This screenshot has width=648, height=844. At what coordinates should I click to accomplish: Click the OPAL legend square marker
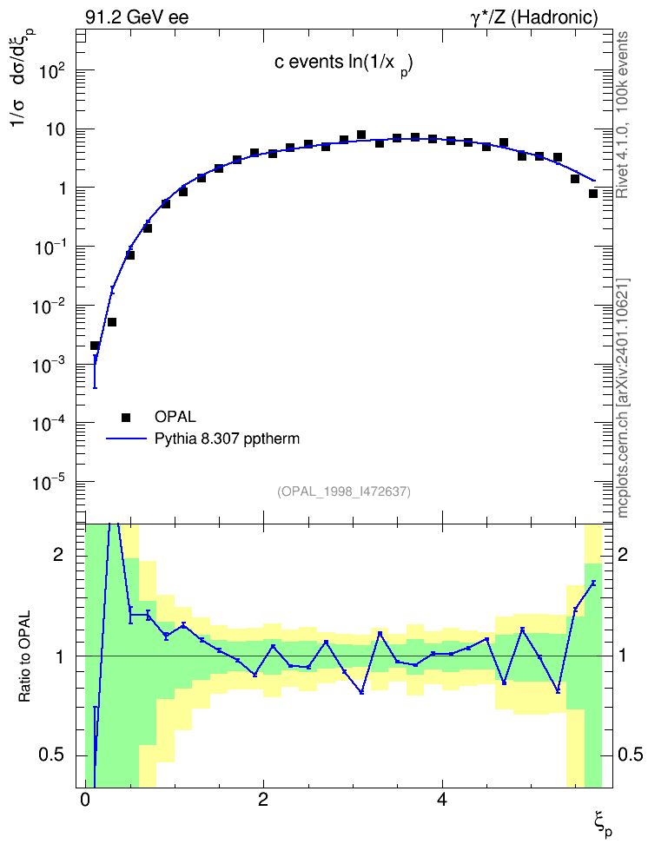(126, 417)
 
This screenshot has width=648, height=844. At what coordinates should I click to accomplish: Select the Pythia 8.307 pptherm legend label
(227, 439)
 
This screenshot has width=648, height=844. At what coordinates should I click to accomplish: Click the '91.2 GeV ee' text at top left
(137, 17)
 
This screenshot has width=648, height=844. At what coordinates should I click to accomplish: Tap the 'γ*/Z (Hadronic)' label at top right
(534, 17)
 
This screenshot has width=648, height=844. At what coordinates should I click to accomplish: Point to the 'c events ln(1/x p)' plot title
(344, 63)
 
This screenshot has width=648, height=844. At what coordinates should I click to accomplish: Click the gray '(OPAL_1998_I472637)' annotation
(344, 491)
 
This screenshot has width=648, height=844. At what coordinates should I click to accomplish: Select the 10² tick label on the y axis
(53, 70)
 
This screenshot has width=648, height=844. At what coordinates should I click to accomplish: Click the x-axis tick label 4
(442, 800)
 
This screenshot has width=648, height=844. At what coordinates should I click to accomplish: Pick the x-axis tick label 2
(263, 800)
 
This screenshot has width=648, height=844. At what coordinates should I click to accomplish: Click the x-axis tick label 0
(84, 800)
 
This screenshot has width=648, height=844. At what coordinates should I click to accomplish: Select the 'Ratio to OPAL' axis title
(25, 656)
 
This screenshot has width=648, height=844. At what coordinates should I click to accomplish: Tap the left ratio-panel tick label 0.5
(52, 755)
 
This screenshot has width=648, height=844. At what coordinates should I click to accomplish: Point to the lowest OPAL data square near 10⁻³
(95, 346)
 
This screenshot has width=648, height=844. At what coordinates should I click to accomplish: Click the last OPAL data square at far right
(593, 194)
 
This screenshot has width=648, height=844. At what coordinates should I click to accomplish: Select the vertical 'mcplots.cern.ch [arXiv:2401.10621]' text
(623, 398)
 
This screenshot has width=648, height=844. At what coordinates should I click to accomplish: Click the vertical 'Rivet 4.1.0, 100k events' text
(622, 115)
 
